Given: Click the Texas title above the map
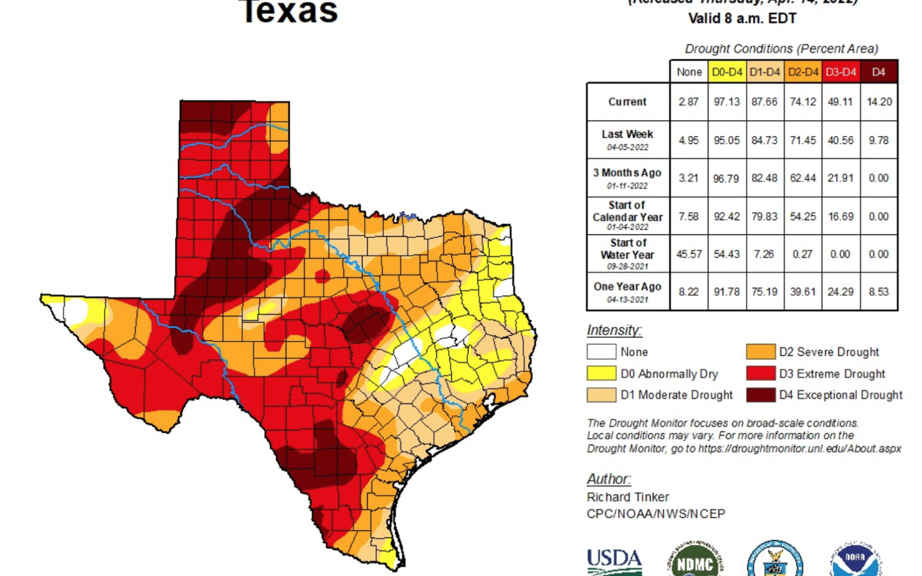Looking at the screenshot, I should point(289,12).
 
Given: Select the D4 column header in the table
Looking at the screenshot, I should point(878,72).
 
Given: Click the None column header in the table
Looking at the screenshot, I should point(689,72).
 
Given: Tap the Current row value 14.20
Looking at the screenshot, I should point(879,102).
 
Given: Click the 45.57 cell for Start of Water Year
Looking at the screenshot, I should point(689,254).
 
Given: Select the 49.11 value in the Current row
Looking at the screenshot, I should point(840,102).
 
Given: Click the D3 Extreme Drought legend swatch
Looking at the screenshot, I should point(760,373).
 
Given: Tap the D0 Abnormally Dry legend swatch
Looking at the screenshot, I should point(601,373).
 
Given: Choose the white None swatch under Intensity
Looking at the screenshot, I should point(601,351).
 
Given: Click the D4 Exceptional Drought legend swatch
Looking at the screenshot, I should point(760,395).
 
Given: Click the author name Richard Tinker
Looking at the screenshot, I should point(628,497).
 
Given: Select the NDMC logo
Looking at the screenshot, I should point(694,562).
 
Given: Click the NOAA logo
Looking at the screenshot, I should point(855,560).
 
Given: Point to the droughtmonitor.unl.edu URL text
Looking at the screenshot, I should point(799,449).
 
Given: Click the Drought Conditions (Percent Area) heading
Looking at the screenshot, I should point(781,49).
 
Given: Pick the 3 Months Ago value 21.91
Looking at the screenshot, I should point(840,178).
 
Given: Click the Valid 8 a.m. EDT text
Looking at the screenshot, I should point(742,18).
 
